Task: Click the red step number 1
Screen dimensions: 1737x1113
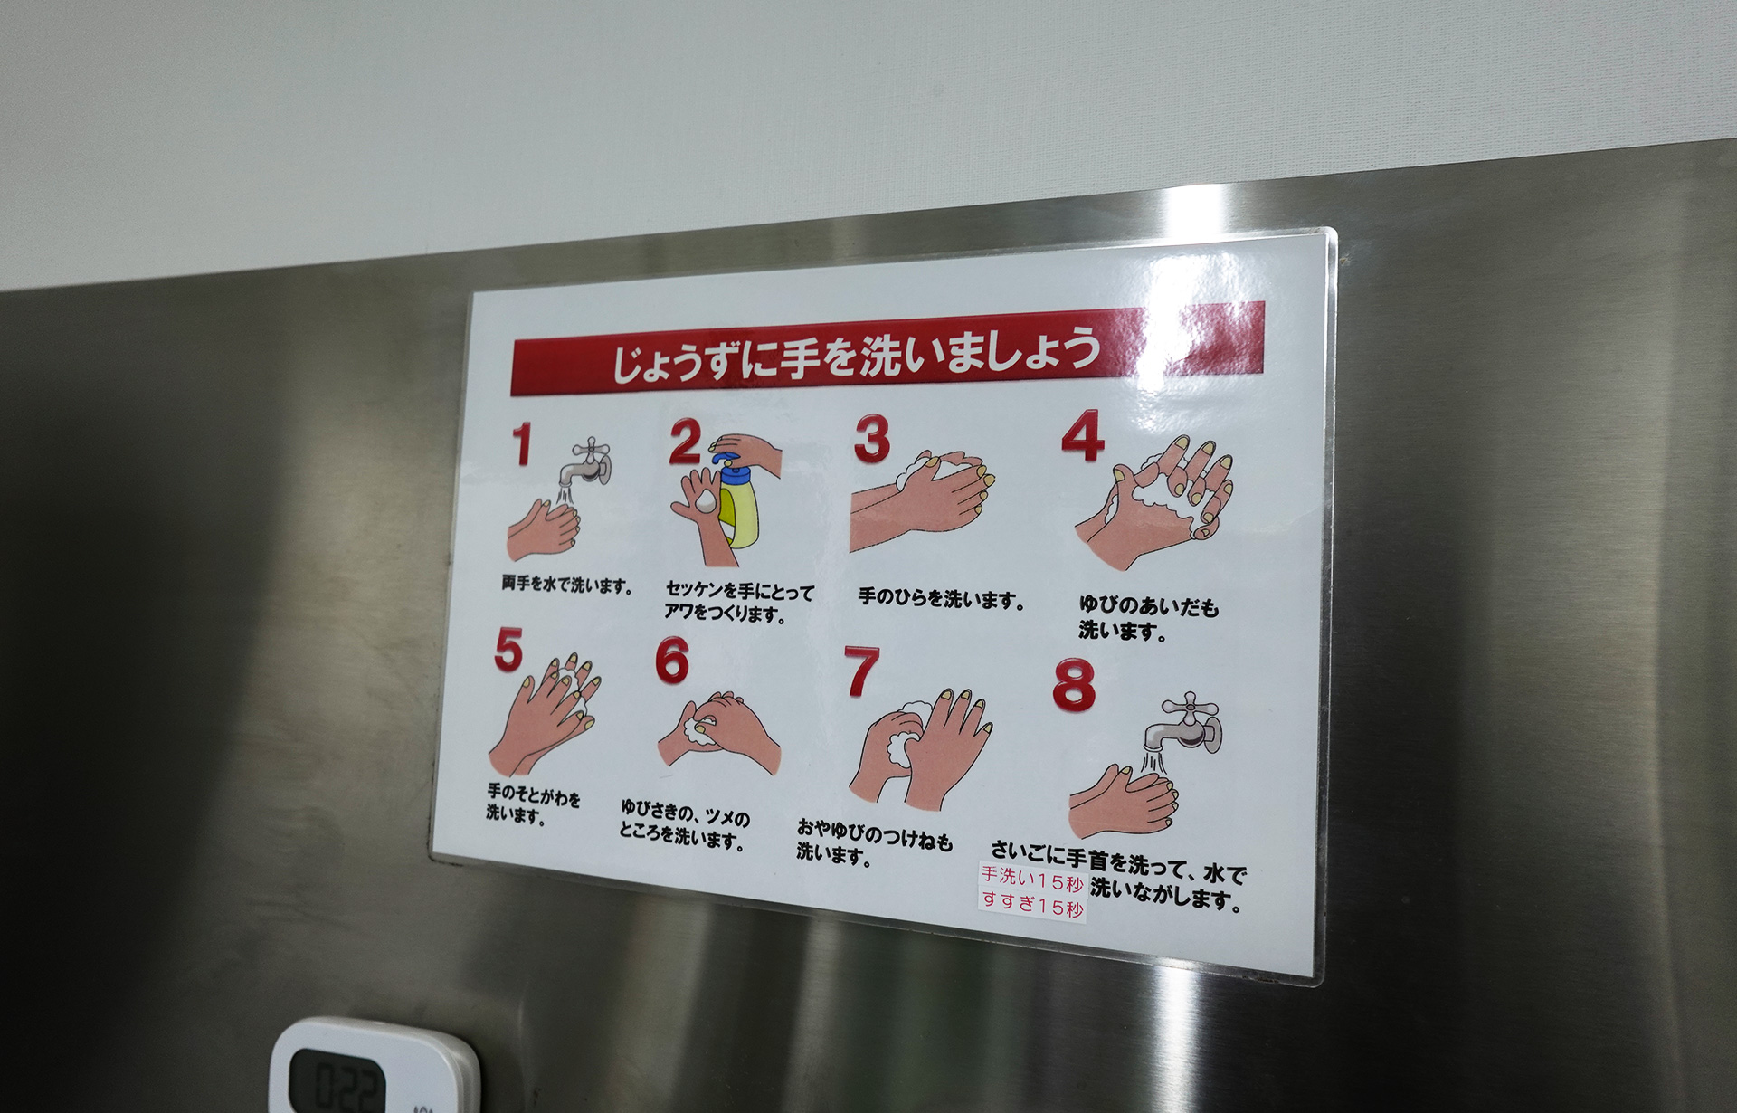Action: (x=521, y=445)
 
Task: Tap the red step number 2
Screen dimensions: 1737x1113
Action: (x=685, y=442)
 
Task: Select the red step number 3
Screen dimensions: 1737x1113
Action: (x=872, y=439)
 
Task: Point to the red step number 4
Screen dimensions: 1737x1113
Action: (x=1083, y=436)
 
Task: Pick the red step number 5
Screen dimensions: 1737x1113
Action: (x=508, y=650)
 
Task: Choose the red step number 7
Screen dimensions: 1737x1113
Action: (x=860, y=671)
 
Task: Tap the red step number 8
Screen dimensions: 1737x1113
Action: (x=1074, y=684)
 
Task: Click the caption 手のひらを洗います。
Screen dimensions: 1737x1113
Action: (x=941, y=598)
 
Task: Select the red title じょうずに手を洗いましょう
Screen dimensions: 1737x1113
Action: (x=856, y=352)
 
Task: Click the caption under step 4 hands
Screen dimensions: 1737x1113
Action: (x=1149, y=618)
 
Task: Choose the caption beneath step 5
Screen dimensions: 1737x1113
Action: (x=533, y=804)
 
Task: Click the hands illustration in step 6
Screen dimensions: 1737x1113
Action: (x=719, y=732)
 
